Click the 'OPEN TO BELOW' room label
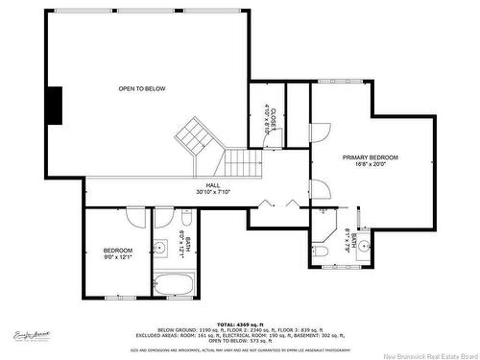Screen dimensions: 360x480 pos(142,88)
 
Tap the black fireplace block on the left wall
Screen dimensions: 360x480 pos(57,105)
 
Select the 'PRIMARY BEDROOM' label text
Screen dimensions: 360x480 pos(370,156)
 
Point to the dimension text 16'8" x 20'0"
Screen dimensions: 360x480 pos(370,164)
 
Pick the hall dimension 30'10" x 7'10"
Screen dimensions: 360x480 pos(212,193)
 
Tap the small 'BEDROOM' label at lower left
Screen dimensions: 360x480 pos(116,249)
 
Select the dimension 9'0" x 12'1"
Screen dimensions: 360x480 pos(116,256)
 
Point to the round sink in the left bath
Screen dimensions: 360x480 pos(158,250)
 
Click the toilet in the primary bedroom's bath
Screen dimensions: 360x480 pos(322,251)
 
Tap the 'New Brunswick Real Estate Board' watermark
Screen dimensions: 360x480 pos(423,352)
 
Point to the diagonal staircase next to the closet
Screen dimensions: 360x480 pos(197,135)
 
